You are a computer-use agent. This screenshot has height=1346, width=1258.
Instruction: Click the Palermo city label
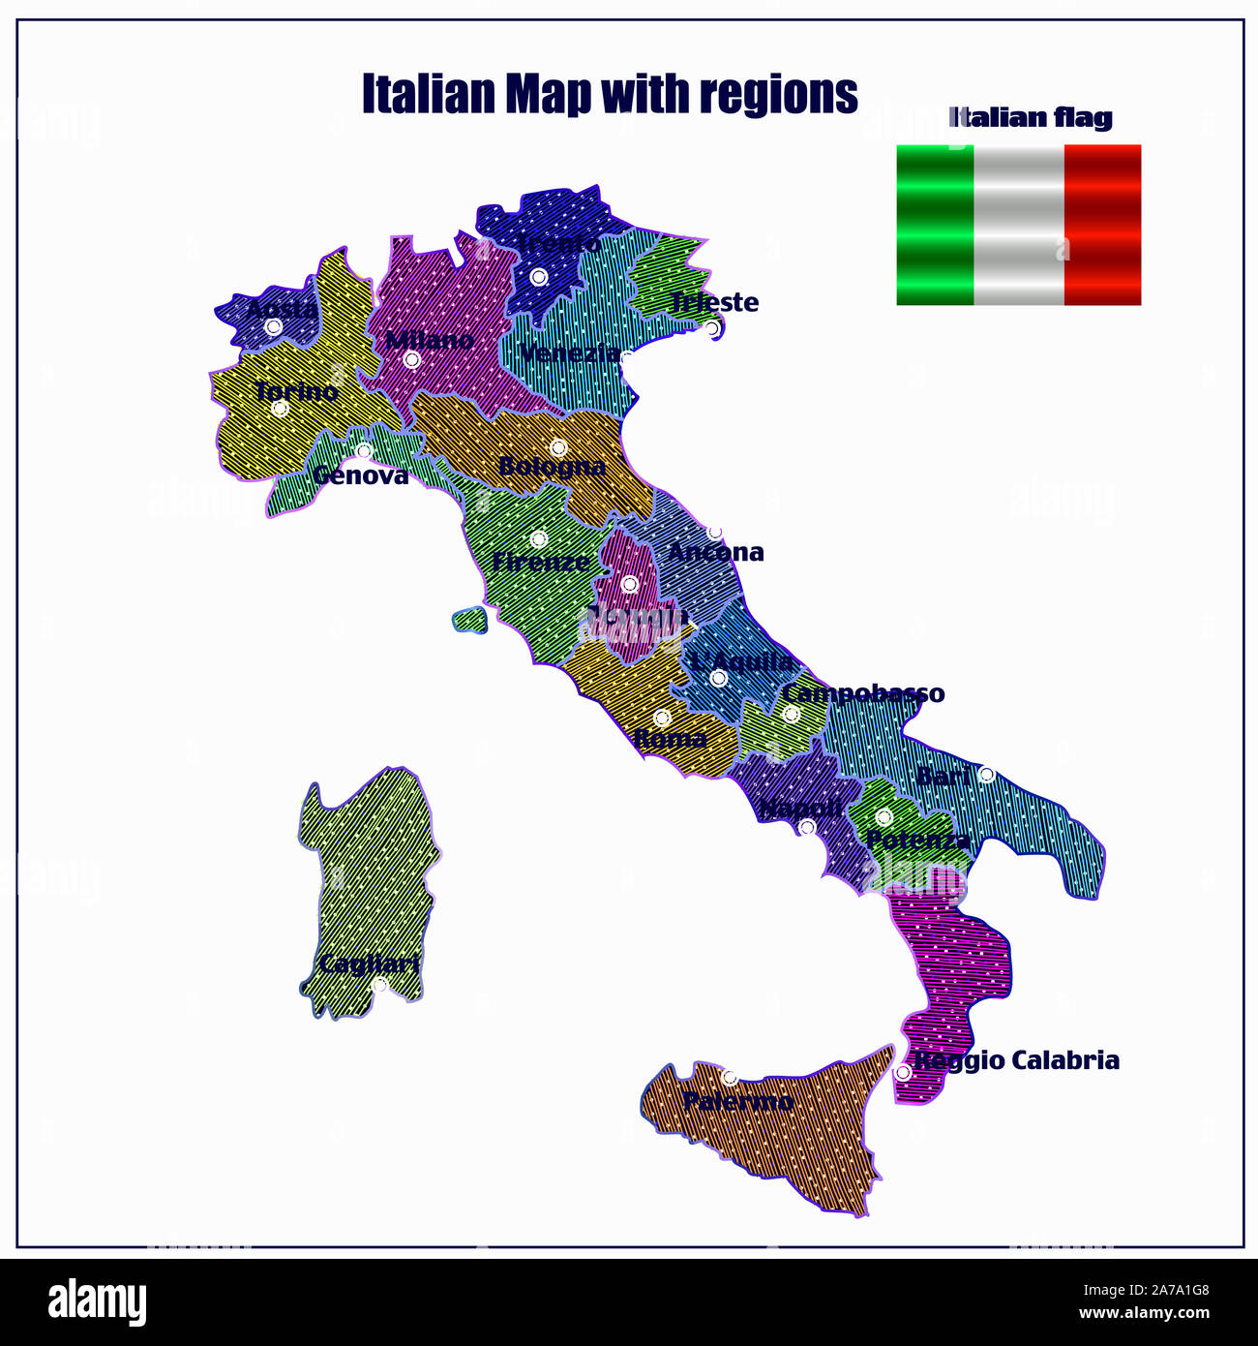coord(737,1101)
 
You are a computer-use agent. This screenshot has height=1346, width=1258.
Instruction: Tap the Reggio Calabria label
coord(1017,1060)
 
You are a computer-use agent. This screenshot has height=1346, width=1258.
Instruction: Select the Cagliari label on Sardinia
coord(369,964)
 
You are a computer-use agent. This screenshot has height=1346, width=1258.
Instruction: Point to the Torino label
coord(296,391)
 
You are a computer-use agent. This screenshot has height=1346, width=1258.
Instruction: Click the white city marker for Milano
coord(411,360)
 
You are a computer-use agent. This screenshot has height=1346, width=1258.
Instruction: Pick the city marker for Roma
coord(662,718)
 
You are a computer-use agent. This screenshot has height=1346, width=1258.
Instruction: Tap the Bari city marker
coord(986,775)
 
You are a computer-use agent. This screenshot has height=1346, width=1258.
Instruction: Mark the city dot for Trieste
coord(712,328)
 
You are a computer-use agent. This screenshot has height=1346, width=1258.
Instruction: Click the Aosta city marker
coord(274,327)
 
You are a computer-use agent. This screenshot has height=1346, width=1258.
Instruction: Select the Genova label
coord(360,475)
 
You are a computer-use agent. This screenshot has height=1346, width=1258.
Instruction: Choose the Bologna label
coord(552,466)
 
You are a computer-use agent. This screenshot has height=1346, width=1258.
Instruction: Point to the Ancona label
coord(716,552)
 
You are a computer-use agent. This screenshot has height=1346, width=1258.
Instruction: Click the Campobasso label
coord(863,693)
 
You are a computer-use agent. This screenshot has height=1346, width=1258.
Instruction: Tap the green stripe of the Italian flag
coord(935,225)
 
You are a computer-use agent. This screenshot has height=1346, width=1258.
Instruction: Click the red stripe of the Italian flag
coord(1102,225)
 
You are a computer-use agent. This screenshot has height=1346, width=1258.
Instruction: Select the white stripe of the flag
coord(1018,225)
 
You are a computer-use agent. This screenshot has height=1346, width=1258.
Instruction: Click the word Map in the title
coord(548,94)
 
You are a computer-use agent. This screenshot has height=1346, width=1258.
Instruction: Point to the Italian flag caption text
coord(1031,118)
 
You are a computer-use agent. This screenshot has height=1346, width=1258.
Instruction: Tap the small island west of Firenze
coord(469,620)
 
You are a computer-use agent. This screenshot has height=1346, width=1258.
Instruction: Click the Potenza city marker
coord(884,817)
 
